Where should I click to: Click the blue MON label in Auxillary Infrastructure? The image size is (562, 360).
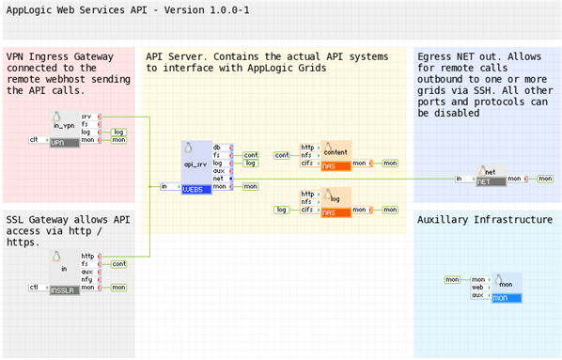[506, 298]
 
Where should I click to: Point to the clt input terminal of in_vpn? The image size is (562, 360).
[34, 140]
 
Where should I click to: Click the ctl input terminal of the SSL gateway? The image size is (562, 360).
[34, 287]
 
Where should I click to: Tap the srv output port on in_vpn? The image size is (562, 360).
[86, 117]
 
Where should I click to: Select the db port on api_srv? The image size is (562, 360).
[217, 148]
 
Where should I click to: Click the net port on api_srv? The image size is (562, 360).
[217, 178]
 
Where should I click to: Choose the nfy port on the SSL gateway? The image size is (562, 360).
[87, 279]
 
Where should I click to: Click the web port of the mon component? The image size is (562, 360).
[477, 287]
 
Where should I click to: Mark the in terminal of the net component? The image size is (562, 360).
[458, 178]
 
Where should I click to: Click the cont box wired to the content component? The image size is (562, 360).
[282, 154]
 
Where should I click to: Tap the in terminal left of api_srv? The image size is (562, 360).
[164, 186]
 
